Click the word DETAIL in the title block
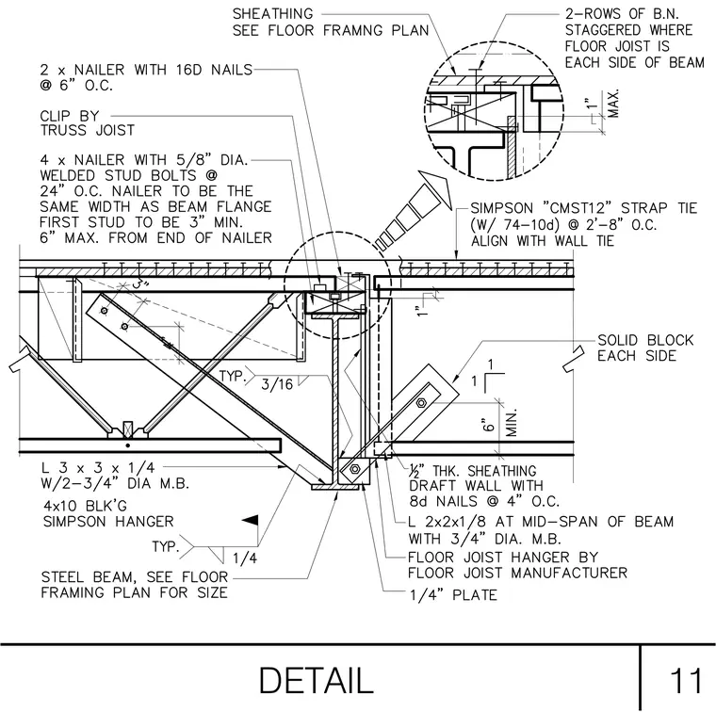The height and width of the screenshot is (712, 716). [x=317, y=681]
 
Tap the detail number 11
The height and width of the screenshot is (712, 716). [x=686, y=681]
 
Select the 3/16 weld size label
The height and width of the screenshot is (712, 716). [x=277, y=384]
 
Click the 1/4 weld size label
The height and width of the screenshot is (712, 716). [x=245, y=558]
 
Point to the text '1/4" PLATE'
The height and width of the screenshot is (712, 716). [x=453, y=594]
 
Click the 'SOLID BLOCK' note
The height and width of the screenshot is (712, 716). [x=645, y=340]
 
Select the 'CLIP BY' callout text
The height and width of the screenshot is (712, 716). [x=70, y=116]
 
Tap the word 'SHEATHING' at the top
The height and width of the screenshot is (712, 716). [x=272, y=14]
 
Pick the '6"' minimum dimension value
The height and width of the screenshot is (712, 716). [x=489, y=425]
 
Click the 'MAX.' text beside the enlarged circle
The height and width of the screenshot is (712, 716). [x=614, y=104]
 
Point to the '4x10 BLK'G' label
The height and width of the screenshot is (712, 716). [x=85, y=506]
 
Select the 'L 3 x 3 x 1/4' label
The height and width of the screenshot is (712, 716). [x=98, y=468]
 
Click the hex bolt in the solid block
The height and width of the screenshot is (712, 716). [x=421, y=403]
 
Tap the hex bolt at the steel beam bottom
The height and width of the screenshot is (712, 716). [x=355, y=469]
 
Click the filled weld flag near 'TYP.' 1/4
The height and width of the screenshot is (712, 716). [x=251, y=520]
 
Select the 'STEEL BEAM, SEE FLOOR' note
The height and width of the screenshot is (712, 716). [x=134, y=577]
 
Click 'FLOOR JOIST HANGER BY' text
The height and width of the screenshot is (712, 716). [x=503, y=557]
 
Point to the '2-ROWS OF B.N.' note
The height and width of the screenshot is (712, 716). [x=622, y=14]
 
